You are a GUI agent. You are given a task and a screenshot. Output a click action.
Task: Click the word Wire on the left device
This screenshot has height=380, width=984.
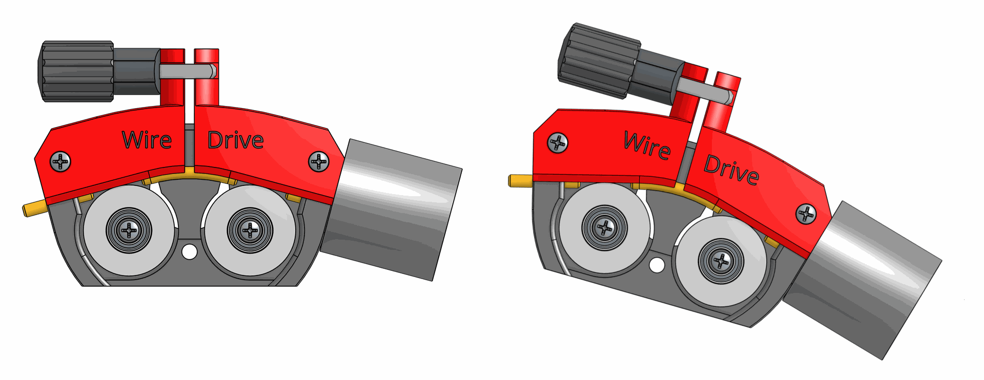pos(147,140)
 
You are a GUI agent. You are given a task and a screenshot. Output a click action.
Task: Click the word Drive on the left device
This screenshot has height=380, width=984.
pos(235,140)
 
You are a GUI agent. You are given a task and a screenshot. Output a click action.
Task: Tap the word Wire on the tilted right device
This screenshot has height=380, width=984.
pos(647,145)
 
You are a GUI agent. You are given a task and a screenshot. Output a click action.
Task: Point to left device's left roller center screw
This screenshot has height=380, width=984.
pos(129,230)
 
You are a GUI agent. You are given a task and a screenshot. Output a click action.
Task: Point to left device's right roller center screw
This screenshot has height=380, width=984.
pos(250,230)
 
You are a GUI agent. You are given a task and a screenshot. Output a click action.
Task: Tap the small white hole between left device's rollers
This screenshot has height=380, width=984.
pos(190,251)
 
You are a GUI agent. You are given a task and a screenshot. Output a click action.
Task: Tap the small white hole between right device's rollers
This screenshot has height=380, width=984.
pos(657,265)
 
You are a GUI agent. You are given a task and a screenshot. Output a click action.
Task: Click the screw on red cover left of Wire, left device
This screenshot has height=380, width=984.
pos(60,162)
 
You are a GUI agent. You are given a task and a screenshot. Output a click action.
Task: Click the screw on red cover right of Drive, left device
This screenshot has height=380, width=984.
pos(319,162)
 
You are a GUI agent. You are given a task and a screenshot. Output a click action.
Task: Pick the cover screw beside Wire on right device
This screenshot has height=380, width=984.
pos(558,143)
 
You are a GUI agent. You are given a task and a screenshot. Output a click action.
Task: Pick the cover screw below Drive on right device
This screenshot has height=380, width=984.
pos(806,214)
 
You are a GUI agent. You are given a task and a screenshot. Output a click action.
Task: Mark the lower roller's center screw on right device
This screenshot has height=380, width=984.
pos(721,261)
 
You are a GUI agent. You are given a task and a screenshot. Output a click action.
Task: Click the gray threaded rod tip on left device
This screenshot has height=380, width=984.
pos(213,71)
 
